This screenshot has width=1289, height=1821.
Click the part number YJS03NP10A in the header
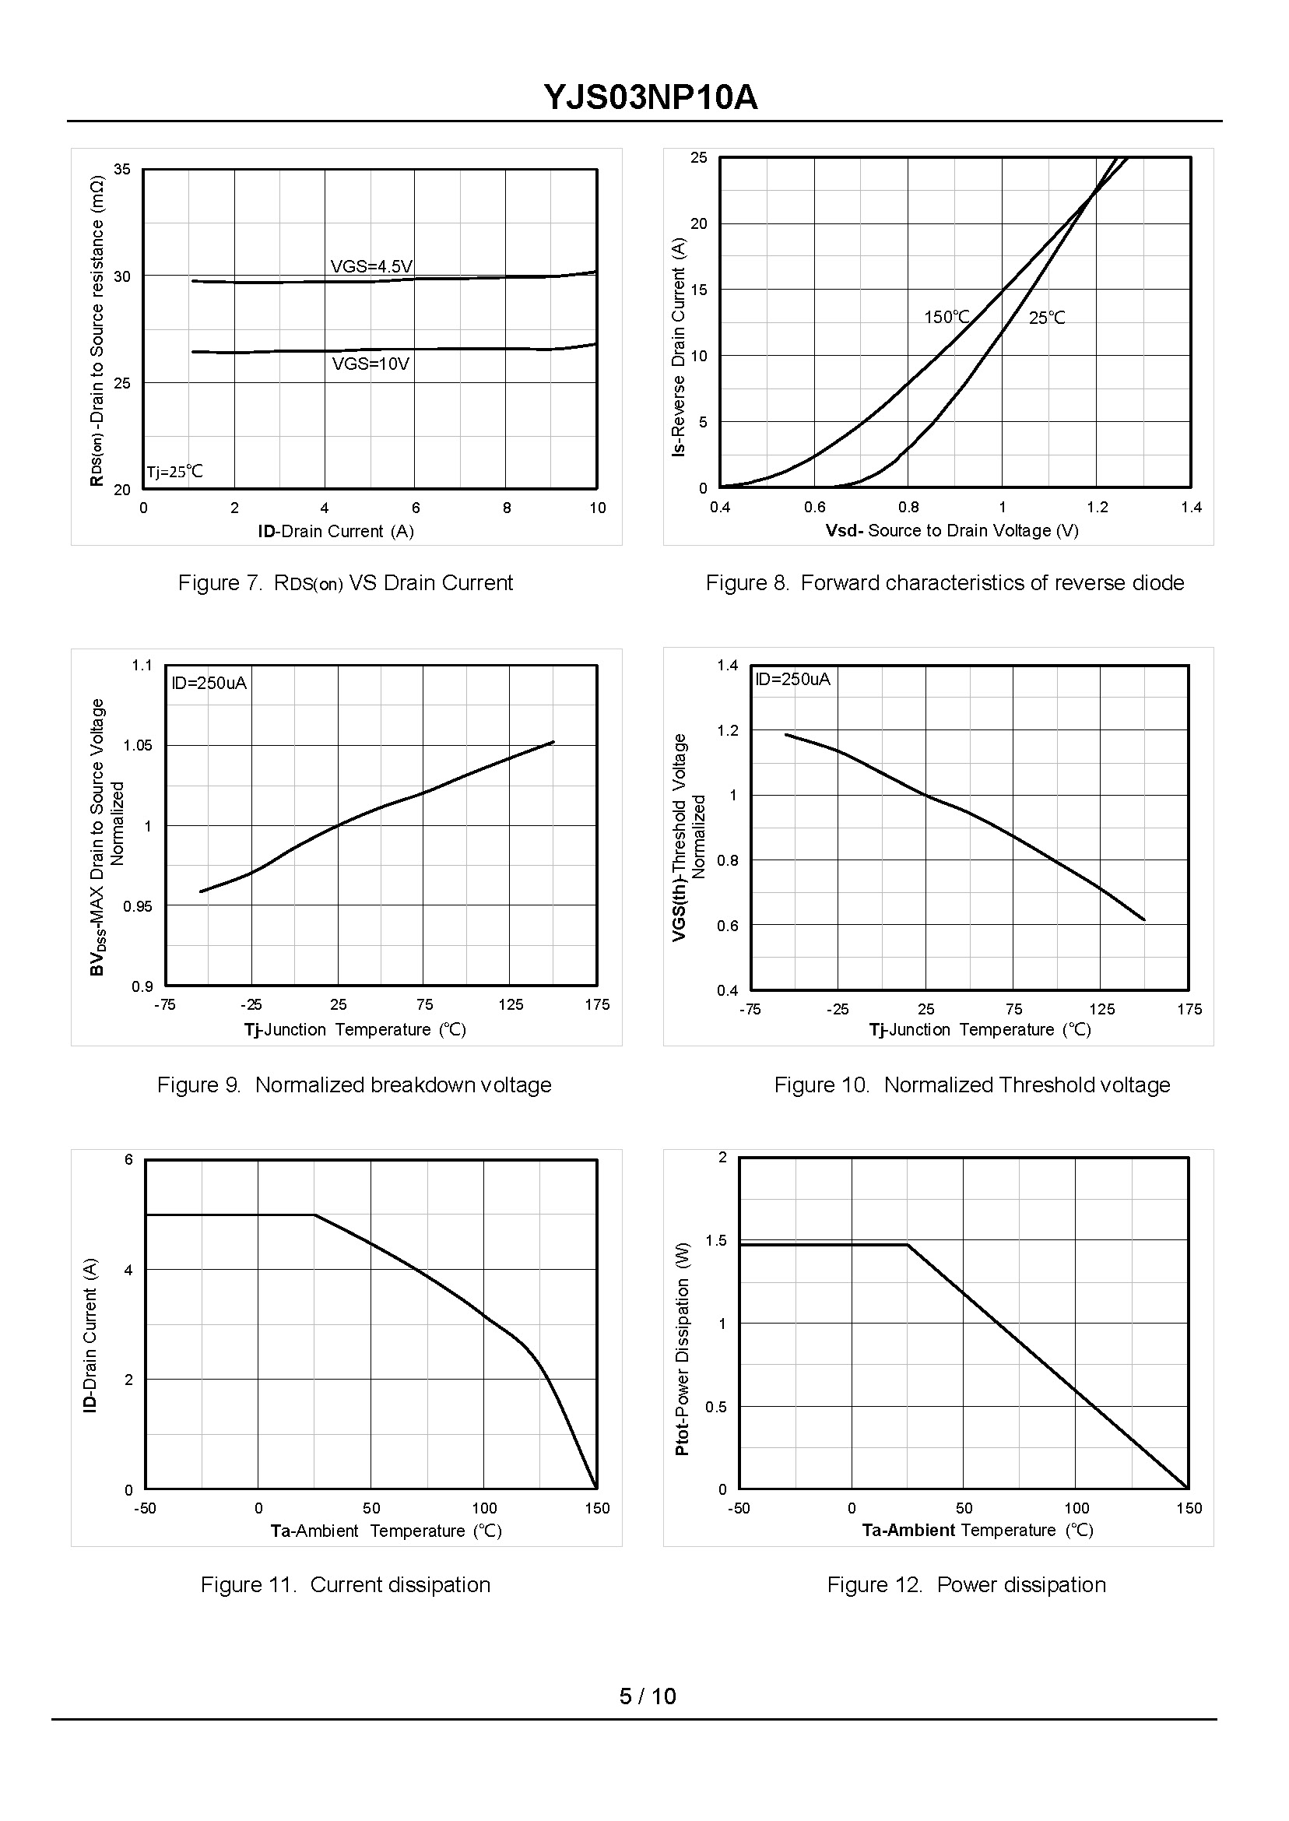(650, 97)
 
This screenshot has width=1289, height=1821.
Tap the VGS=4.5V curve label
(371, 267)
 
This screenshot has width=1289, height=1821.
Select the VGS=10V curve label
(371, 364)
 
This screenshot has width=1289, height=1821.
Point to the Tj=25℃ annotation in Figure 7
(174, 473)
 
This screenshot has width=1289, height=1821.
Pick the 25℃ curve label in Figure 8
(1047, 318)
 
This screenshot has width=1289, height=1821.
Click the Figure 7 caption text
(346, 583)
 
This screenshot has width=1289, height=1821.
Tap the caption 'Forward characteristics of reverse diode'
(992, 583)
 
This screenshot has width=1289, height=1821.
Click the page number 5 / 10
(648, 1696)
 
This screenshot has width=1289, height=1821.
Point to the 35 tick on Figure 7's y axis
(122, 169)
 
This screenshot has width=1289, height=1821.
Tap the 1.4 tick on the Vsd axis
(1191, 508)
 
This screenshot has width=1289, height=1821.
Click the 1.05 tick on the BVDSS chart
(137, 745)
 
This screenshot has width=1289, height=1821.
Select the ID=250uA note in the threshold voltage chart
(792, 680)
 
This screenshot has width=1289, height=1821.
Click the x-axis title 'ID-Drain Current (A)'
(335, 532)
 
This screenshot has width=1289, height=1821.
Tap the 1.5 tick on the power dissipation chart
(716, 1241)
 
